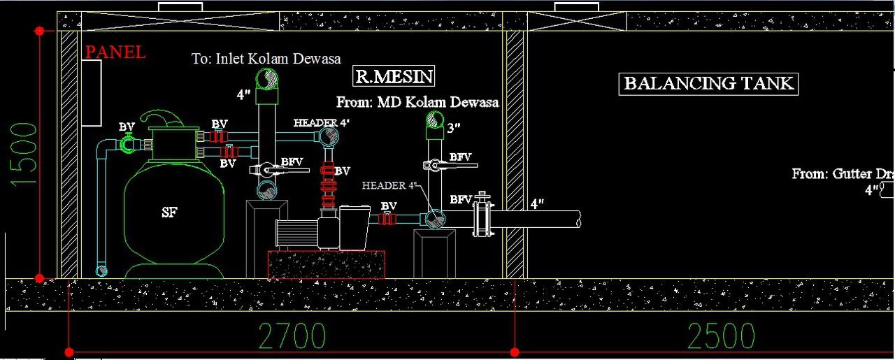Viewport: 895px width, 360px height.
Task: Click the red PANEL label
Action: pyautogui.click(x=115, y=52)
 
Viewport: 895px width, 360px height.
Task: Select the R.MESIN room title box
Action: pyautogui.click(x=393, y=76)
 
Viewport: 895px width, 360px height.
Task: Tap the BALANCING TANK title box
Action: pyautogui.click(x=708, y=84)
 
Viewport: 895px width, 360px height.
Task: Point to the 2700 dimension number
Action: pyautogui.click(x=292, y=336)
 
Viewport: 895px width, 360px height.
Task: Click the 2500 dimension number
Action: pyautogui.click(x=722, y=336)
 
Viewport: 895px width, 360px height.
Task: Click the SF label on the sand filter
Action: pyautogui.click(x=170, y=213)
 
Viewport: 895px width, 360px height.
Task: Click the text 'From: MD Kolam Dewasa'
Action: pyautogui.click(x=417, y=103)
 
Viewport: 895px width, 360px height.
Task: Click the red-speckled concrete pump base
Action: pyautogui.click(x=326, y=265)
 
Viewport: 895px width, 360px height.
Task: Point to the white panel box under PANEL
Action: pyautogui.click(x=91, y=93)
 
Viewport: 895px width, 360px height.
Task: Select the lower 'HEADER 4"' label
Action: pyautogui.click(x=389, y=186)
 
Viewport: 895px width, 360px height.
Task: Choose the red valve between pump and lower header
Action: pyautogui.click(x=387, y=219)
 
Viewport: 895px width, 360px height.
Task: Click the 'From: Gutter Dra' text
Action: pyautogui.click(x=843, y=173)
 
